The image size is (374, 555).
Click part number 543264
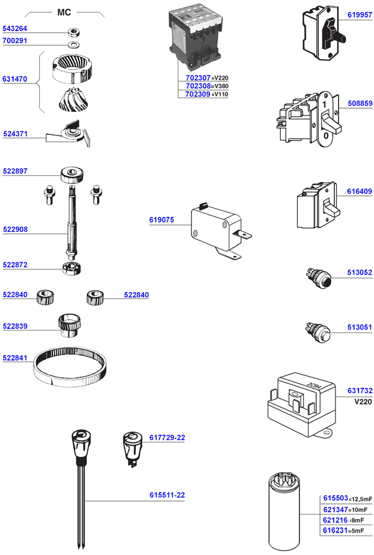[x=15, y=29]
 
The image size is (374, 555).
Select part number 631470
[x=15, y=79]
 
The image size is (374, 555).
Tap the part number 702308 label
[x=198, y=86]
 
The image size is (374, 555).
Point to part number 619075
[x=162, y=219]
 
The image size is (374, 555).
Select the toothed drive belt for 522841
[x=70, y=367]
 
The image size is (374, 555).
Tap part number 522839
[x=15, y=326]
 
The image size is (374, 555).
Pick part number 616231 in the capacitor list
[x=335, y=530]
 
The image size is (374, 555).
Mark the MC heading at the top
[x=64, y=12]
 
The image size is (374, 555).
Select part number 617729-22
[x=167, y=438]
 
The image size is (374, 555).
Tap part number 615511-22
[x=167, y=495]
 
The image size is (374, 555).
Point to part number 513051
[x=360, y=328]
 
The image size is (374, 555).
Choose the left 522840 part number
[x=15, y=295]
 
